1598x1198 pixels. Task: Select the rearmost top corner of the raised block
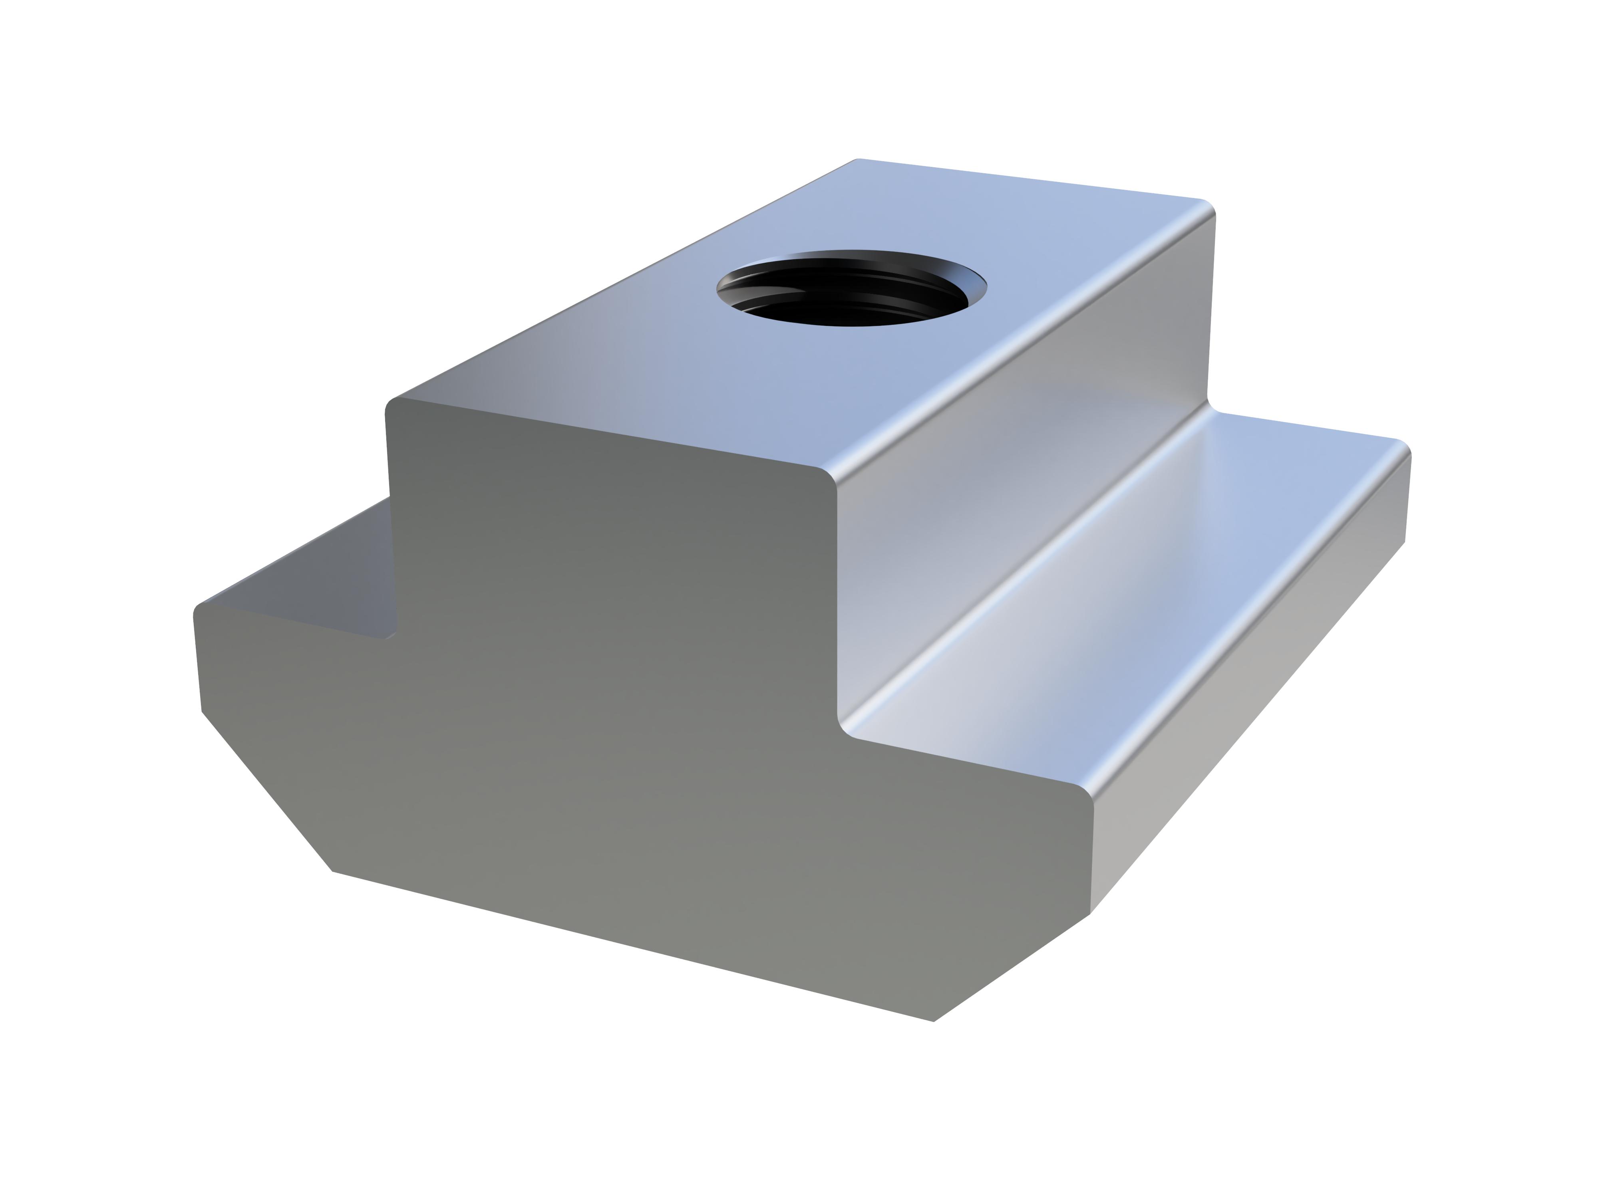[857, 160]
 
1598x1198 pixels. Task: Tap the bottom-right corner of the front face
[934, 1020]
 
